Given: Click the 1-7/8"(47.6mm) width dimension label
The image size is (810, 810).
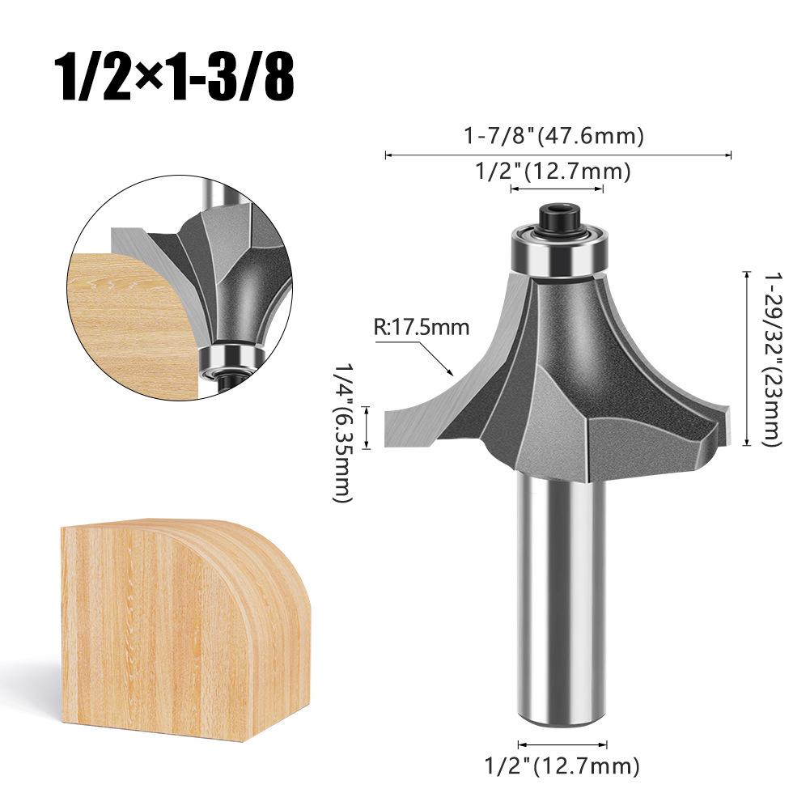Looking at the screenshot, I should (x=554, y=136).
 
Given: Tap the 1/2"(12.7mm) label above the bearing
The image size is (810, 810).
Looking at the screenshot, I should (x=551, y=172).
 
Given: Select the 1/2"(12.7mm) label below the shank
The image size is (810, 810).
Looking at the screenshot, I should (x=561, y=764).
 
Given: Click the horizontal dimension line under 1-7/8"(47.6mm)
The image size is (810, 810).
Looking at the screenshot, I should (x=558, y=155).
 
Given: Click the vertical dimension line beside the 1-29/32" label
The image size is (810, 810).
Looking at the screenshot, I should (x=744, y=358).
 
